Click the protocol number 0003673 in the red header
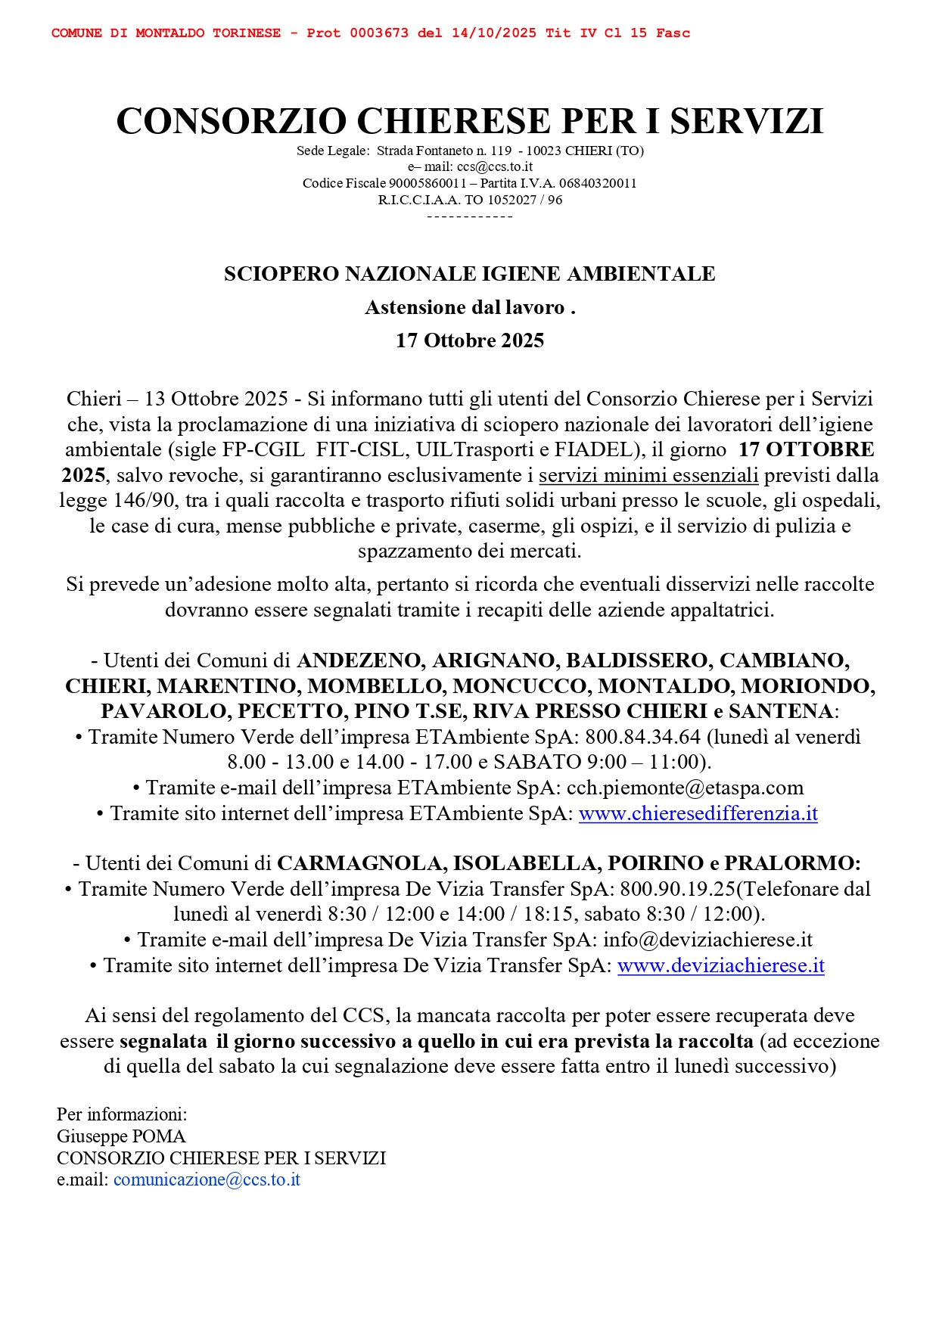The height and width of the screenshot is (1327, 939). [378, 33]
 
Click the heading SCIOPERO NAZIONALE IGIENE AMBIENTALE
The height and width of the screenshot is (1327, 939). [469, 274]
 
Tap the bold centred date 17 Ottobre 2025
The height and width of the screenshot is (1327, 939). [469, 340]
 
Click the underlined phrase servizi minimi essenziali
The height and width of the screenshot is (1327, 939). [648, 475]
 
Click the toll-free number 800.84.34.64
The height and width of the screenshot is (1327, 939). [643, 737]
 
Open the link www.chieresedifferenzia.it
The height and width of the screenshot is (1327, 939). [698, 813]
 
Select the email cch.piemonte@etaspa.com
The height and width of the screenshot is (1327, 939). [685, 788]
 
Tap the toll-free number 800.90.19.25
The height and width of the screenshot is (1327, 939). [678, 889]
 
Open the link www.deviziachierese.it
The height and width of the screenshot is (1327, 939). [720, 965]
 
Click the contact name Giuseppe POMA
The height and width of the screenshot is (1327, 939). [121, 1136]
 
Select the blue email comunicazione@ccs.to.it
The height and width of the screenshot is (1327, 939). [207, 1179]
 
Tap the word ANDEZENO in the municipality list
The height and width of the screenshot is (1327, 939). [360, 660]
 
